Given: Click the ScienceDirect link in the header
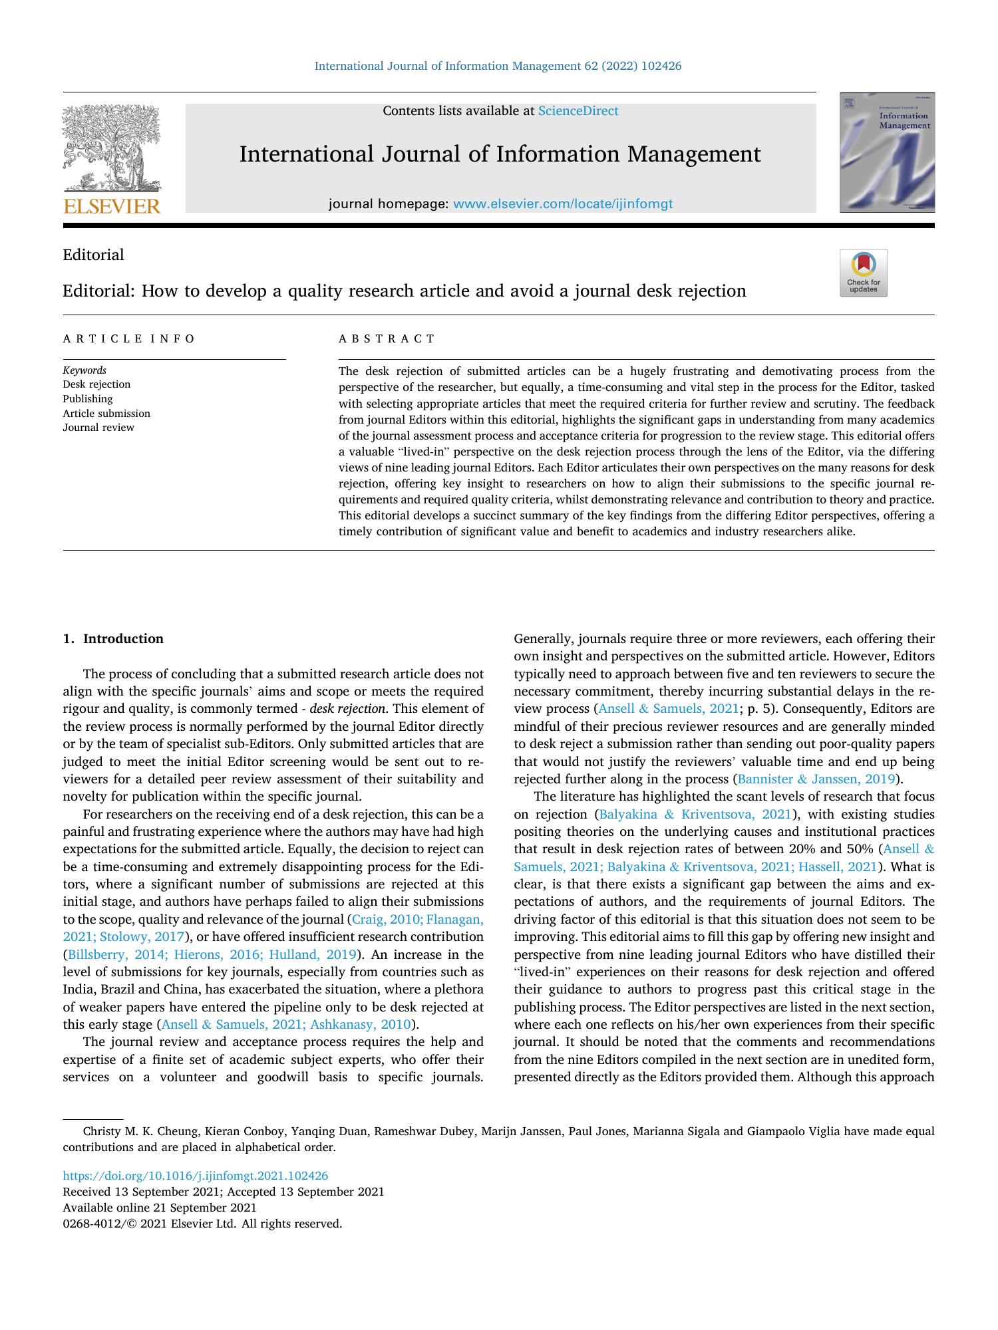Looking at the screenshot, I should [578, 111].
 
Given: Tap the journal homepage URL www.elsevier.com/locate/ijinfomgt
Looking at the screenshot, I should [562, 204].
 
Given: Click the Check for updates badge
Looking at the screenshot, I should [863, 273].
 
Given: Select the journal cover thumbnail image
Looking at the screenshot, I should [887, 153].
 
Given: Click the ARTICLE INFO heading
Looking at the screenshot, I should [129, 338].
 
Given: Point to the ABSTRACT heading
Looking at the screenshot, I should [387, 338].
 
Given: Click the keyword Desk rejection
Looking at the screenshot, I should [96, 384].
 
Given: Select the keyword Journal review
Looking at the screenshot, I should [98, 428].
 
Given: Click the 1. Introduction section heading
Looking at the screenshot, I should [113, 639].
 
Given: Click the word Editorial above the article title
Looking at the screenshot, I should [93, 255].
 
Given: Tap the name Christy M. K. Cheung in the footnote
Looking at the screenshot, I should [140, 1131].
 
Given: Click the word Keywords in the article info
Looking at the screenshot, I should [84, 370].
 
